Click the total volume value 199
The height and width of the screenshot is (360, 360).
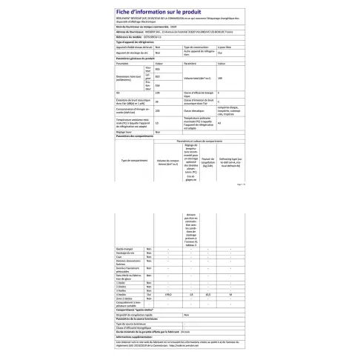[220, 77]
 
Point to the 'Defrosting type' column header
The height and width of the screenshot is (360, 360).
[231, 160]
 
